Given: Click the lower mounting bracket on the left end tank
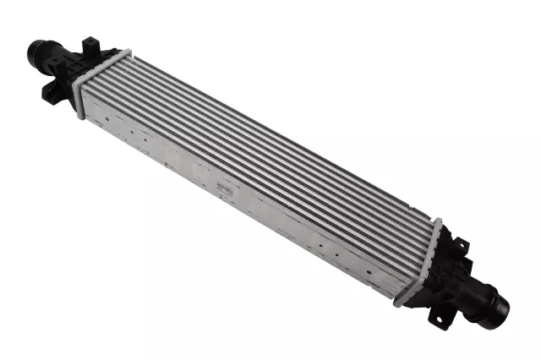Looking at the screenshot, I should point(52,90).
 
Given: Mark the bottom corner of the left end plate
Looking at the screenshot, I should point(79,116).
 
